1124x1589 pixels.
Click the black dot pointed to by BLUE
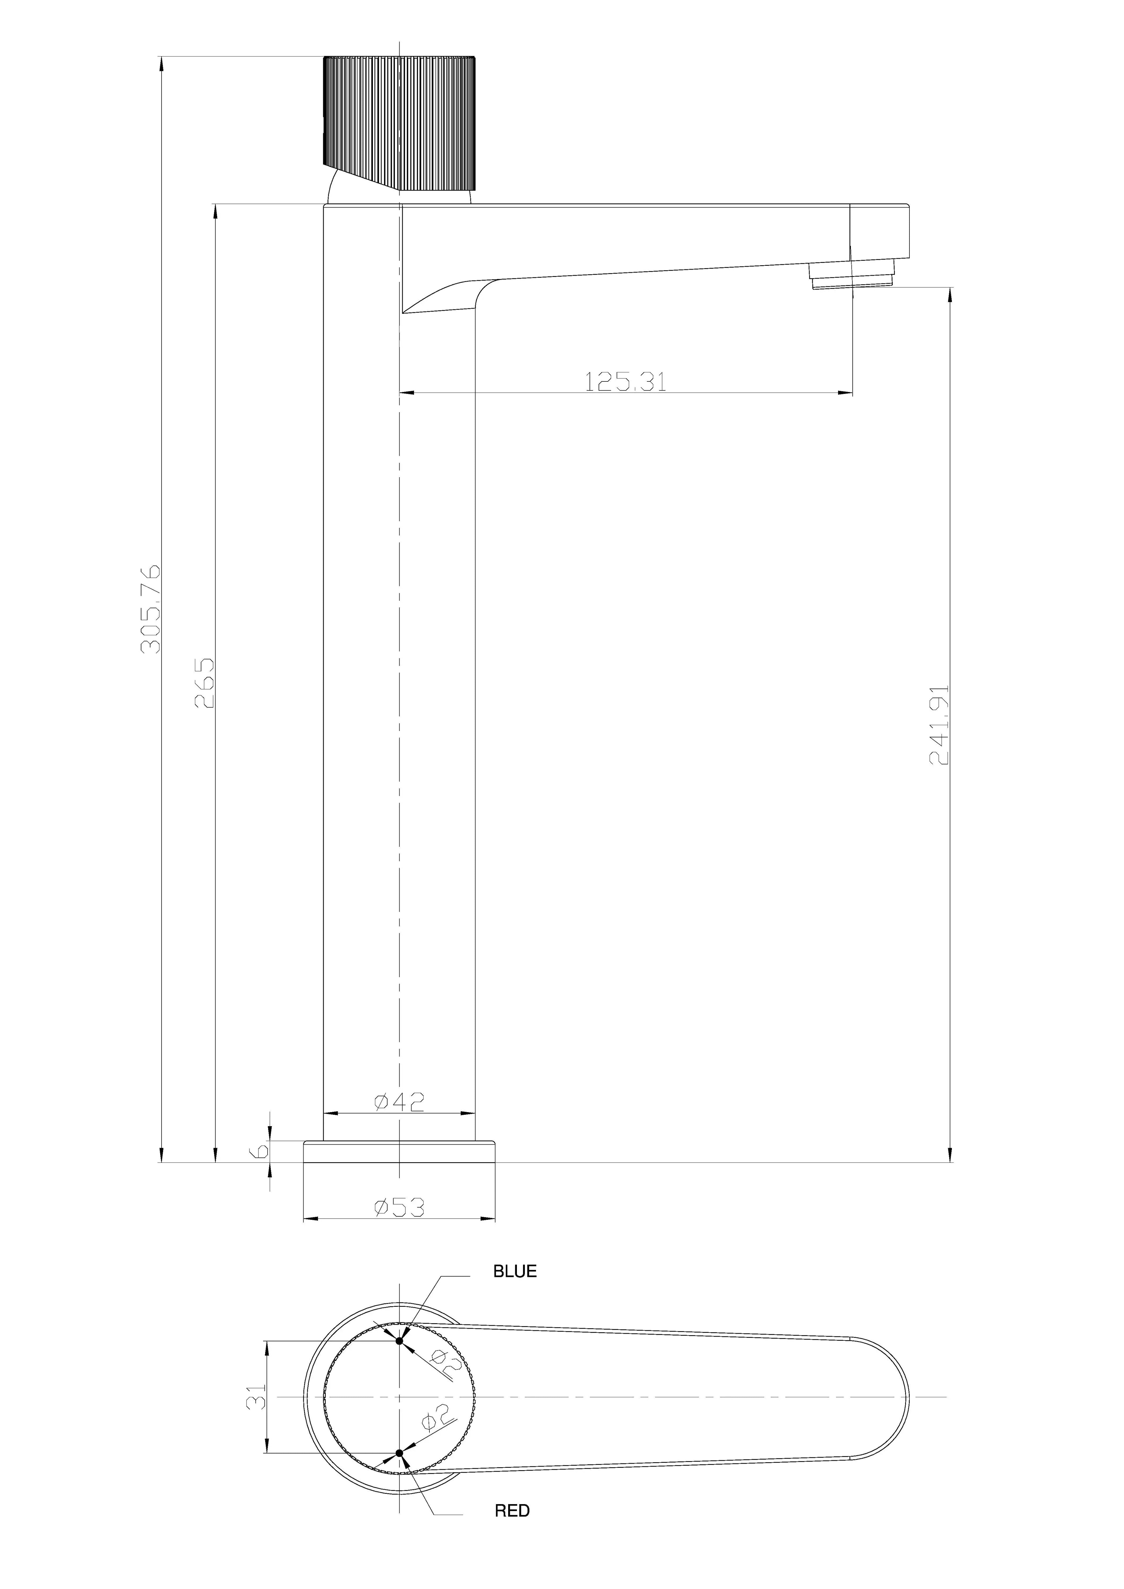coord(399,1340)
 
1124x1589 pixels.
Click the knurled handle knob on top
coord(399,121)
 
